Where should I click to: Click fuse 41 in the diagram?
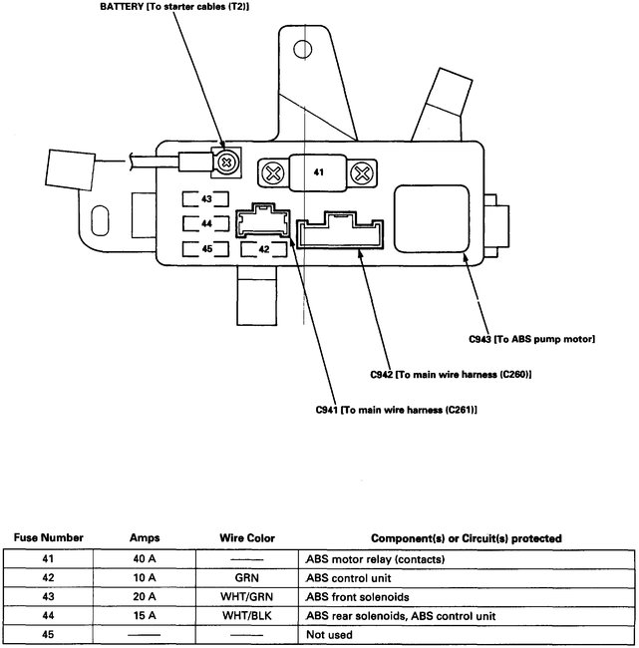point(318,172)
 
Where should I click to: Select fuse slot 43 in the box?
point(207,198)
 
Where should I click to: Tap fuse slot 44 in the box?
point(207,223)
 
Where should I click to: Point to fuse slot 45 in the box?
point(207,248)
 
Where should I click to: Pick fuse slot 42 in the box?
point(265,248)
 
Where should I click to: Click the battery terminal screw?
point(227,162)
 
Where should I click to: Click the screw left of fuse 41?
point(269,173)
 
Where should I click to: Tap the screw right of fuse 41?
point(363,173)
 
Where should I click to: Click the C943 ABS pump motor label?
point(531,340)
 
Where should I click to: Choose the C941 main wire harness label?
point(395,410)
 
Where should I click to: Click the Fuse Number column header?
point(48,538)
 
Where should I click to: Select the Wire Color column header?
point(246,538)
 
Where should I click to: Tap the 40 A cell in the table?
point(146,558)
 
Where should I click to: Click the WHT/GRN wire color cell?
point(246,596)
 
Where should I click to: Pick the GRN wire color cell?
point(246,577)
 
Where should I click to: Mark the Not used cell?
point(328,634)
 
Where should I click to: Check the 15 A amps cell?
point(146,615)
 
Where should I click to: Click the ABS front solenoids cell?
point(355,596)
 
